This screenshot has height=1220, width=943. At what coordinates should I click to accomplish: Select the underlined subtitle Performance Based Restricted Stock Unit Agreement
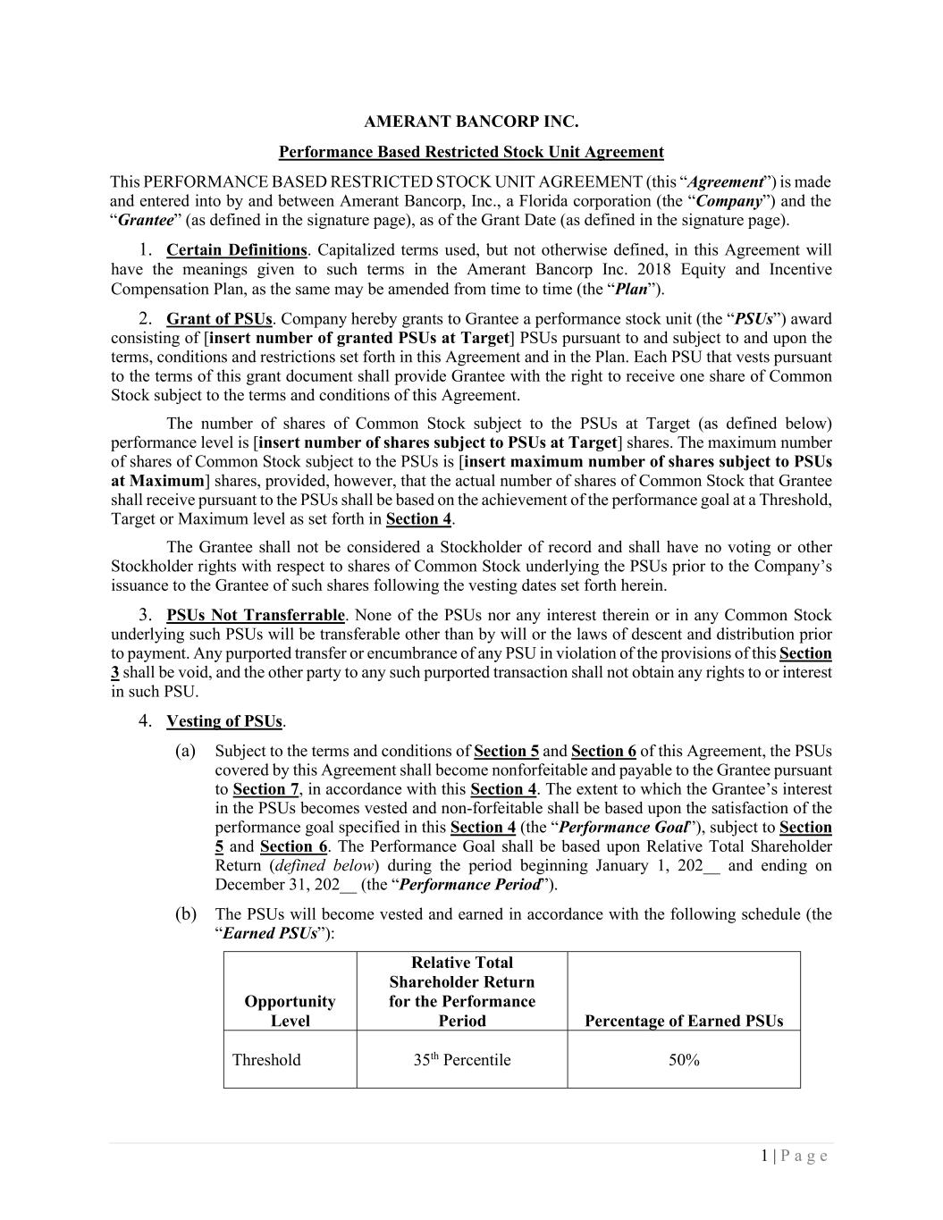(471, 152)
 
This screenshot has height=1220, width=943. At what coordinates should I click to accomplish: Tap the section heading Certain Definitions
(236, 250)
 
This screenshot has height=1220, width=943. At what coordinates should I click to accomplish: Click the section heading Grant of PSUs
(219, 319)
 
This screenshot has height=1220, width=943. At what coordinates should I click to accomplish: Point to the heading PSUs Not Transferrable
(256, 615)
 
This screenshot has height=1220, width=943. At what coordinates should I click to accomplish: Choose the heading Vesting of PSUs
(224, 721)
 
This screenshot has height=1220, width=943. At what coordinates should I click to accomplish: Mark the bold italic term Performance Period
(470, 885)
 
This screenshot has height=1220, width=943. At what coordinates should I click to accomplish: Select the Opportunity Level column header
(290, 1011)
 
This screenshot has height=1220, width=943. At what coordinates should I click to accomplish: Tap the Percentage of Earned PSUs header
(683, 1021)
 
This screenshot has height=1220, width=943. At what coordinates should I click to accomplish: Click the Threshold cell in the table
(266, 1060)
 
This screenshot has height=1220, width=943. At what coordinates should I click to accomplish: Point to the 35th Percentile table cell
(461, 1060)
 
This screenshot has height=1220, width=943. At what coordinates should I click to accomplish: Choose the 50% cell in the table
(683, 1060)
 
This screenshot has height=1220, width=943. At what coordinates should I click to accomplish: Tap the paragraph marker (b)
(185, 914)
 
